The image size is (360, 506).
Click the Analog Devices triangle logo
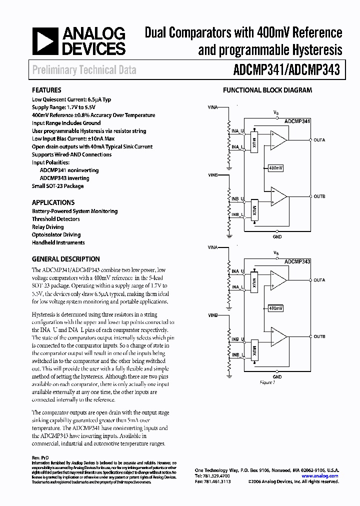[45, 41]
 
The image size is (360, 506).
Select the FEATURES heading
[46, 90]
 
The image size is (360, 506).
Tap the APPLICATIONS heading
[53, 202]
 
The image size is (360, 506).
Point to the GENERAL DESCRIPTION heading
[65, 259]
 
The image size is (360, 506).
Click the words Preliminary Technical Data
[84, 70]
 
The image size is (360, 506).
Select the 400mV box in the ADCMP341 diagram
[275, 168]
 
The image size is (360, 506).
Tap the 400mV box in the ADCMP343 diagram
[275, 308]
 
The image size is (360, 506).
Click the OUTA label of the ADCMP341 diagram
[319, 140]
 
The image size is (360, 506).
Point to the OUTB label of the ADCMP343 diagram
[319, 336]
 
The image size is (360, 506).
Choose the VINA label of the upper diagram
[212, 107]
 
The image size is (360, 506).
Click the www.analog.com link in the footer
[324, 476]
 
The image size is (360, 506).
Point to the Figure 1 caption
[267, 382]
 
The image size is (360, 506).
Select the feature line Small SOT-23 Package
[57, 186]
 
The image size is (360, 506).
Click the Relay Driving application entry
[48, 227]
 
